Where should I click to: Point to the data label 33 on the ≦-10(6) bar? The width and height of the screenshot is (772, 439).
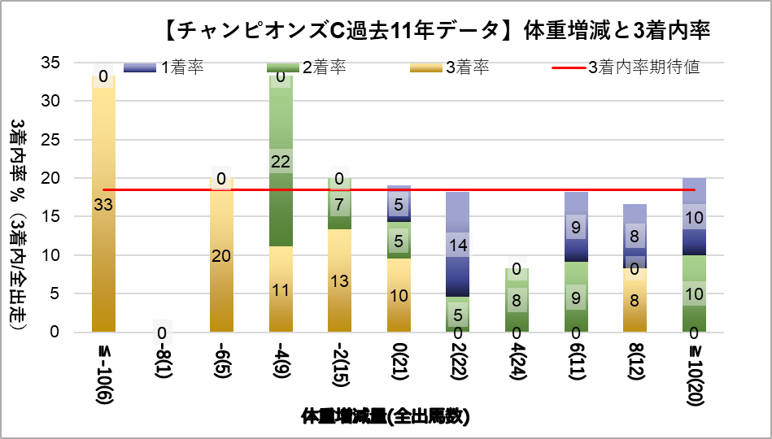[103, 205]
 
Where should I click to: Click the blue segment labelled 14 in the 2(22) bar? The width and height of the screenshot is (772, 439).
[458, 244]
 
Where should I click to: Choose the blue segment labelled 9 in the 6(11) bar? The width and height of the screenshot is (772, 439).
[576, 228]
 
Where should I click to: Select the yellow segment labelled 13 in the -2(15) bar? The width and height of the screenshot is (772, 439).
[339, 280]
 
